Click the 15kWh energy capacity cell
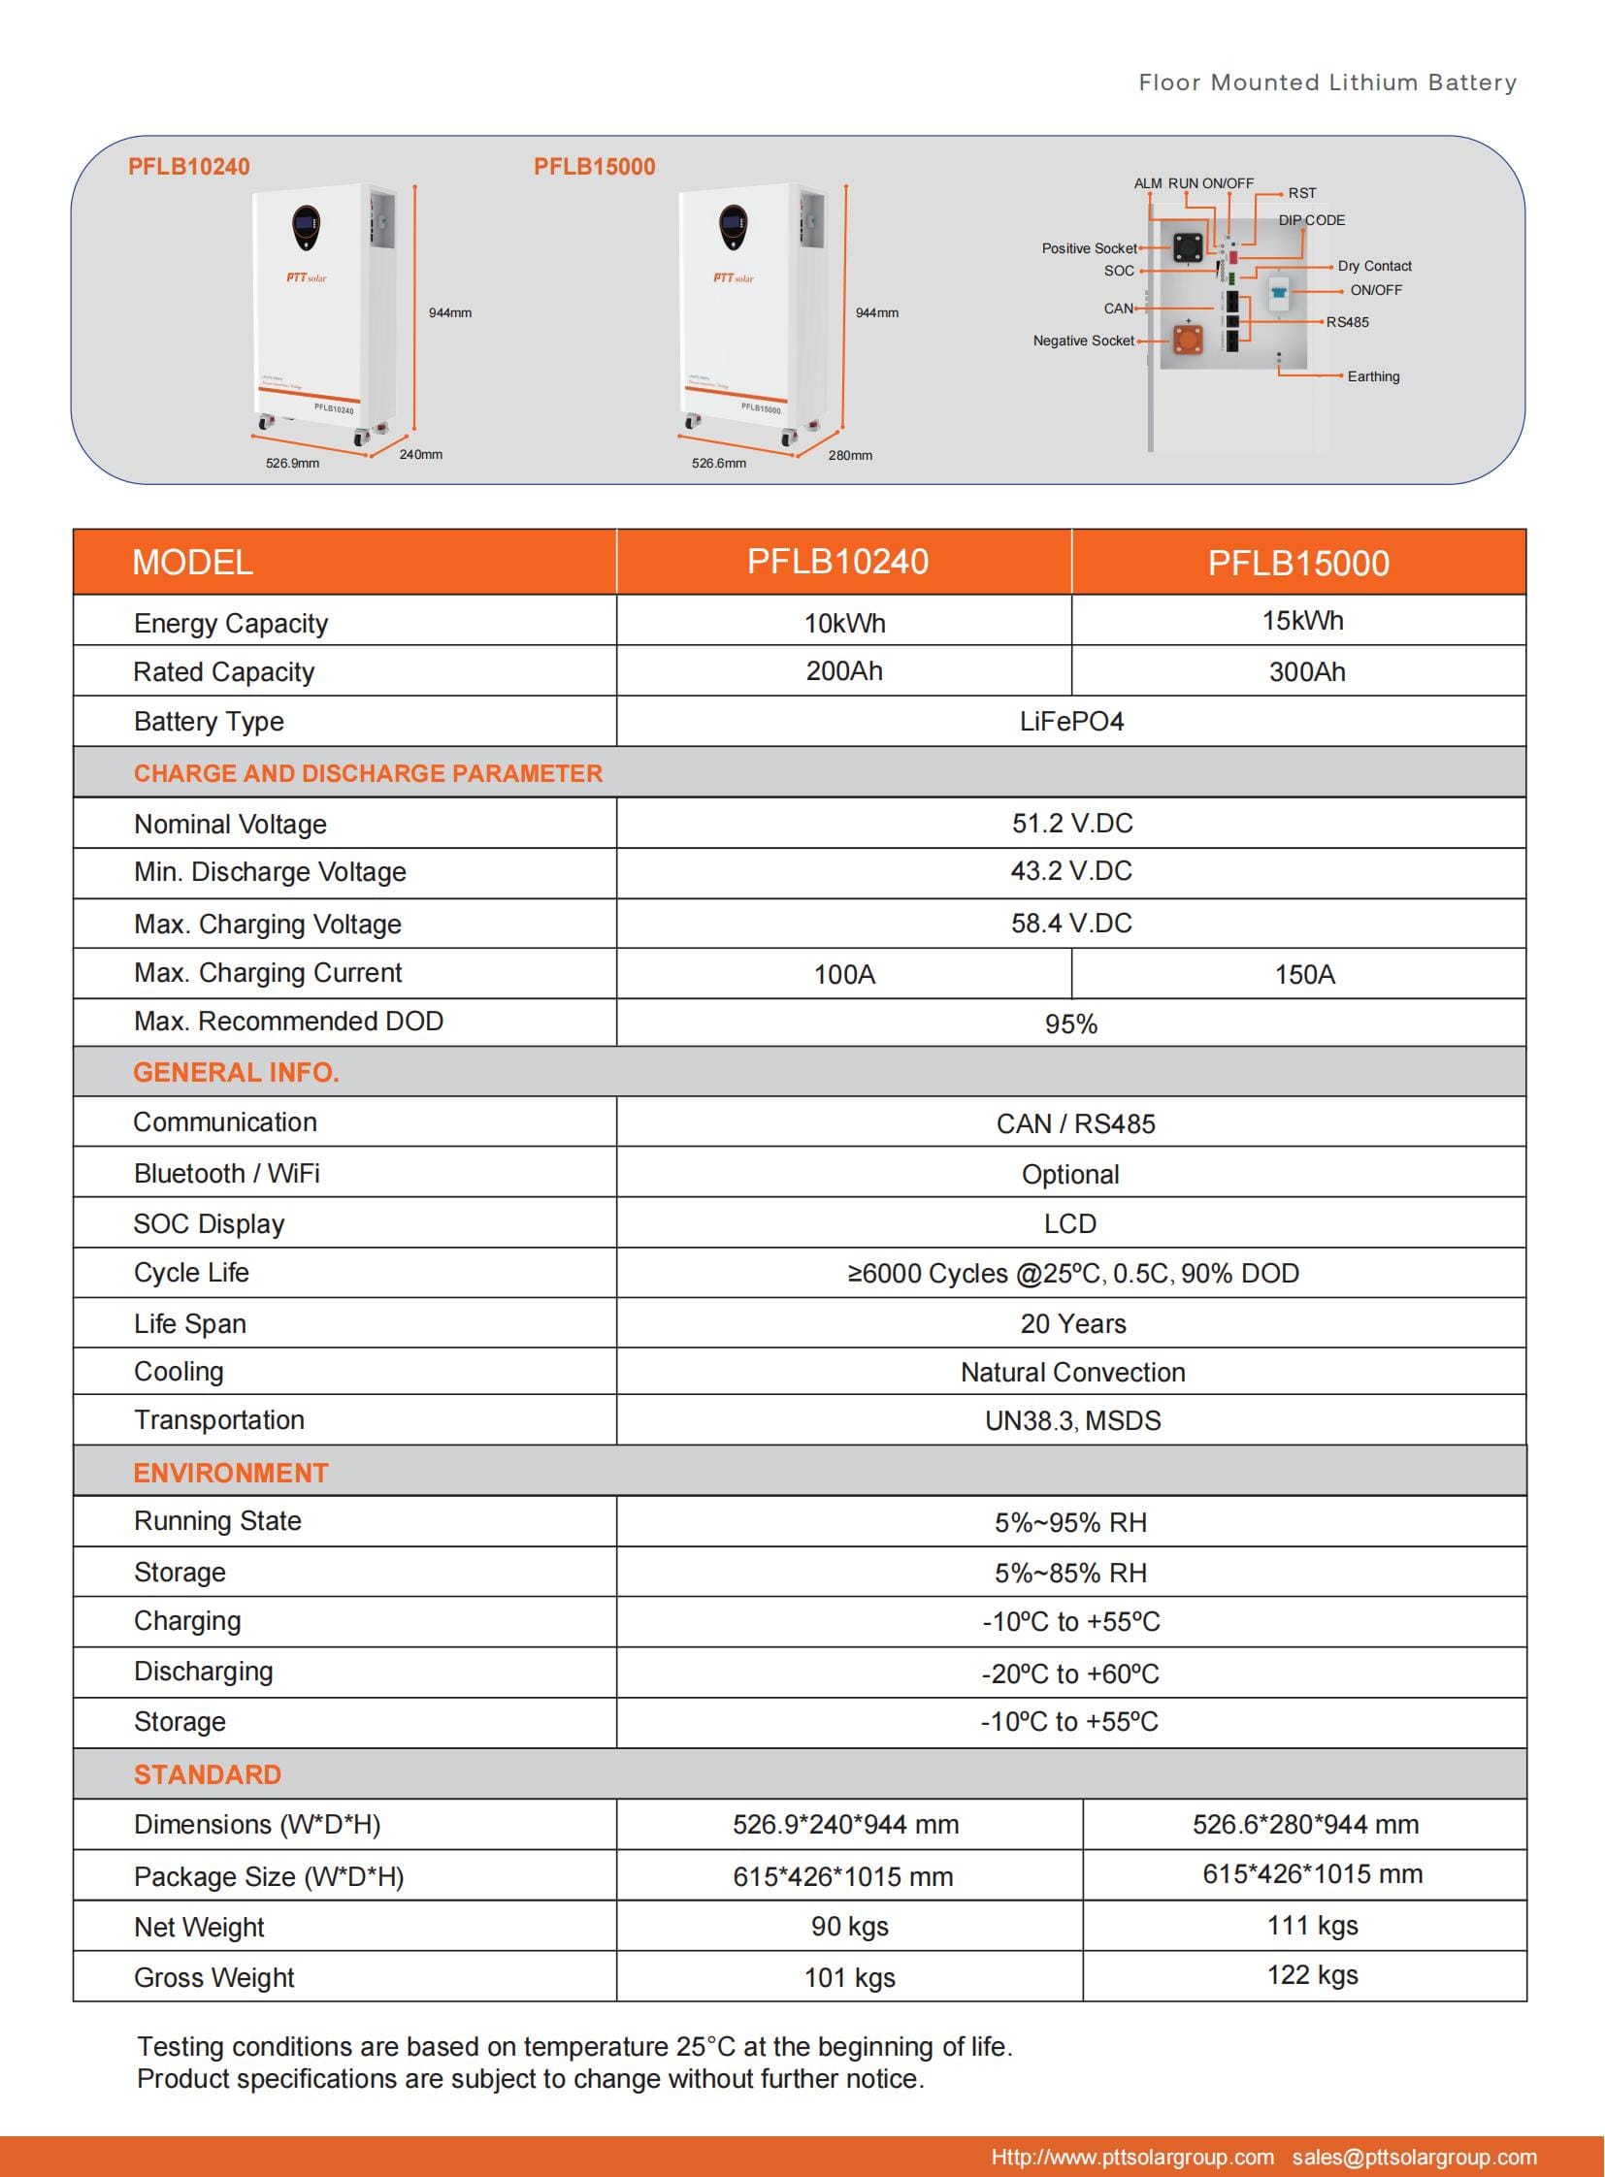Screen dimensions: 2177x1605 (x=1302, y=621)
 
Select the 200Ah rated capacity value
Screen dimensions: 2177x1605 (x=843, y=671)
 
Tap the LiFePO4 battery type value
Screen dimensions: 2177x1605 (x=1070, y=722)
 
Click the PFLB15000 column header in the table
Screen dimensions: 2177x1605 (x=1298, y=564)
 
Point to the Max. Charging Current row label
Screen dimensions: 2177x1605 (x=267, y=972)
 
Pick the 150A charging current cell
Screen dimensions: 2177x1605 (x=1304, y=974)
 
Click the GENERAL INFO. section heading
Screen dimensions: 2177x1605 (x=236, y=1072)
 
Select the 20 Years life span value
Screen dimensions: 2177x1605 (x=1072, y=1323)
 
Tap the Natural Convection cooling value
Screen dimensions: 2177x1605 (x=1072, y=1372)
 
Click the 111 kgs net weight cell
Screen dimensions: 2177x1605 (x=1312, y=1926)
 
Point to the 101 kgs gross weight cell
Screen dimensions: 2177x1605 (x=849, y=1977)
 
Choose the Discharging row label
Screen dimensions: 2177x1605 (x=203, y=1671)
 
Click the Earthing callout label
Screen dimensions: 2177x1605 (x=1373, y=377)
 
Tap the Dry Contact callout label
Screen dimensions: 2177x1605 (x=1374, y=266)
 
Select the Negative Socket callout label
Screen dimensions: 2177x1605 (x=1083, y=341)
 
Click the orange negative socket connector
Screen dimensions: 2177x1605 (x=1187, y=340)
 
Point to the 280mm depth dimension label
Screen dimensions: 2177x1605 (x=850, y=456)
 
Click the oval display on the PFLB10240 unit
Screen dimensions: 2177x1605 (x=305, y=227)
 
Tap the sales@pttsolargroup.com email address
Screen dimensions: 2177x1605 (x=1414, y=2157)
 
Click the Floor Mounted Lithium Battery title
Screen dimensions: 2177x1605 (x=1327, y=82)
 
